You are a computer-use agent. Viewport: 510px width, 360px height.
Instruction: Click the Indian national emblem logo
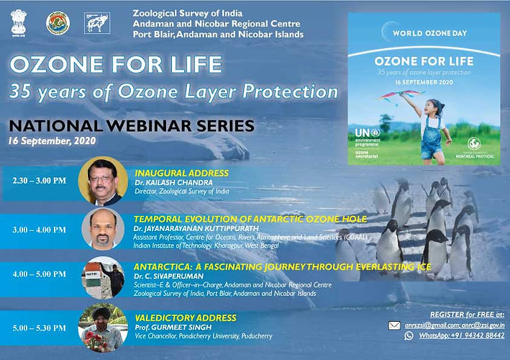pos(18,23)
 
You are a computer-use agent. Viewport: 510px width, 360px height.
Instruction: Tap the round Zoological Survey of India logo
pos(58,23)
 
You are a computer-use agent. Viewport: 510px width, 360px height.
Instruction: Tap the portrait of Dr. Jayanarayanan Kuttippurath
pos(102,230)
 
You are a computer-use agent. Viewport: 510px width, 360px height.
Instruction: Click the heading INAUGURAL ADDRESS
pos(181,174)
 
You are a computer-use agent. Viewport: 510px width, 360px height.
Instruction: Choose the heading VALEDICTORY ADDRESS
pos(185,317)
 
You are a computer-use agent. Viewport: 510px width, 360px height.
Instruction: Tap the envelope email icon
pos(393,325)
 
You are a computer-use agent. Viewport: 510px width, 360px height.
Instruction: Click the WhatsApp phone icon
pos(409,336)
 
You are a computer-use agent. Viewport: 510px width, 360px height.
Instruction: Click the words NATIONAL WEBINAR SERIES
pos(131,125)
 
